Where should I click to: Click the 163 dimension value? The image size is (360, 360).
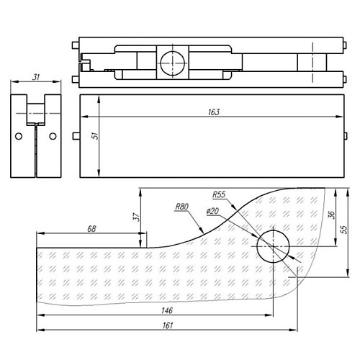pyautogui.click(x=214, y=112)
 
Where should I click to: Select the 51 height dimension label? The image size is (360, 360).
pyautogui.click(x=95, y=135)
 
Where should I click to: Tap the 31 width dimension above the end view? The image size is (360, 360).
pyautogui.click(x=36, y=77)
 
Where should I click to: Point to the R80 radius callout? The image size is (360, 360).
pyautogui.click(x=182, y=207)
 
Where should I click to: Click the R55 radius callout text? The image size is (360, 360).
pyautogui.click(x=219, y=194)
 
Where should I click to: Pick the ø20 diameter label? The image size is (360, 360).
pyautogui.click(x=212, y=211)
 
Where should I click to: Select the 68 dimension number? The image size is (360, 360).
pyautogui.click(x=91, y=229)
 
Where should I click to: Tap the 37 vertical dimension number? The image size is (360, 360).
pyautogui.click(x=136, y=217)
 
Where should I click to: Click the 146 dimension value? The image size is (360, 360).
pyautogui.click(x=167, y=310)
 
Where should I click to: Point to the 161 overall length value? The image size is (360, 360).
pyautogui.click(x=168, y=325)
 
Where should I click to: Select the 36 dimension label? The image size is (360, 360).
pyautogui.click(x=331, y=215)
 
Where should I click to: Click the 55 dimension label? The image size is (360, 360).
pyautogui.click(x=344, y=230)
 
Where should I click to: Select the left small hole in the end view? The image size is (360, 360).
pyautogui.click(x=19, y=136)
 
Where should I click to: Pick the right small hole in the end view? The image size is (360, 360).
pyautogui.click(x=53, y=136)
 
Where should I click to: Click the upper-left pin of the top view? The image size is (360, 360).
pyautogui.click(x=76, y=45)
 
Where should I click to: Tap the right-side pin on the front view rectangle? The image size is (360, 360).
pyautogui.click(x=346, y=136)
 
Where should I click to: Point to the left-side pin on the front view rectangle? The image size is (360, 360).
pyautogui.click(x=76, y=136)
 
